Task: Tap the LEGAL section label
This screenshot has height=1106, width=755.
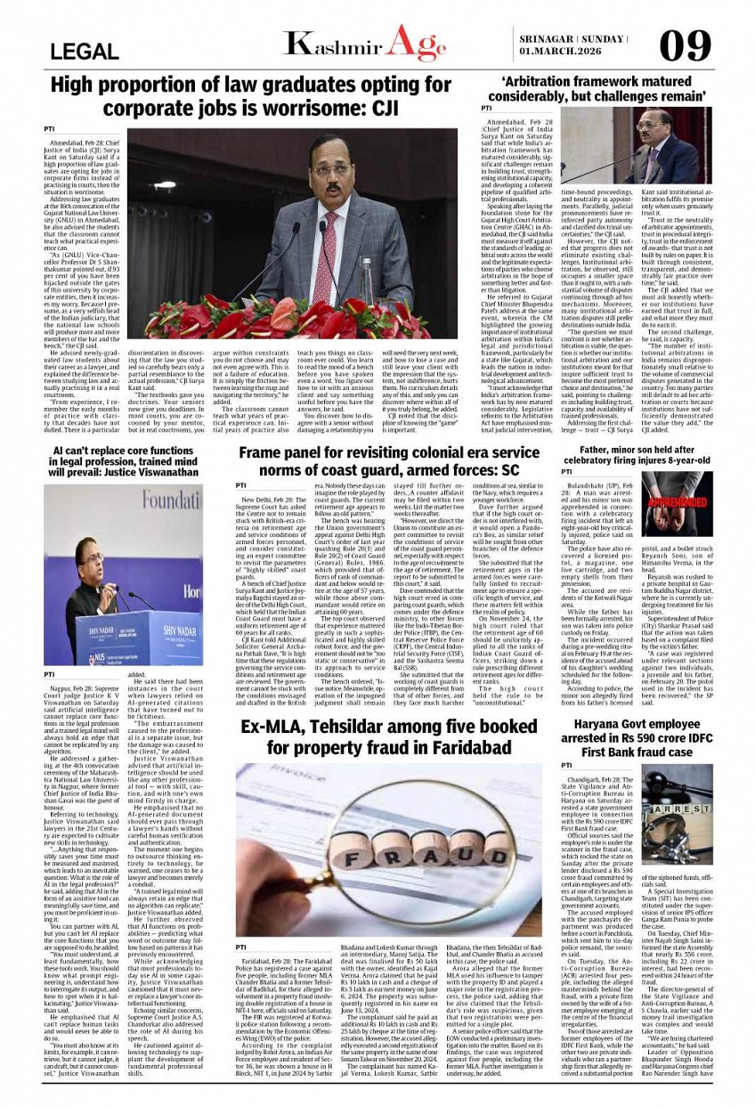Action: point(85,52)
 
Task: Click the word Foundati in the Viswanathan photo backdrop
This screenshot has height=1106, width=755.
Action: point(161,500)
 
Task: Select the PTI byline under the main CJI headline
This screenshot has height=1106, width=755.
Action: point(49,129)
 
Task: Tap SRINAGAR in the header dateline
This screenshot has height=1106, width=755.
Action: point(544,37)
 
